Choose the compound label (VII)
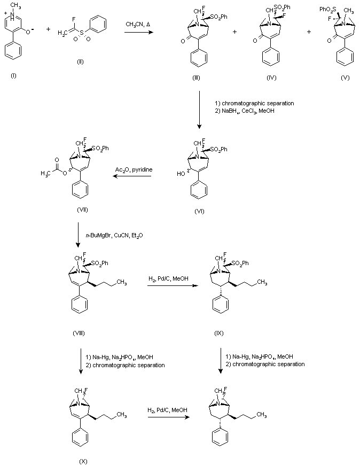coord(82,211)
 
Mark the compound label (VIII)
coord(79,333)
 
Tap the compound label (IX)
coord(218,333)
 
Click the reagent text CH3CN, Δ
coord(137,24)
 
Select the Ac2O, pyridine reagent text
coord(134,169)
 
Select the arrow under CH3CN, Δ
coord(139,33)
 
